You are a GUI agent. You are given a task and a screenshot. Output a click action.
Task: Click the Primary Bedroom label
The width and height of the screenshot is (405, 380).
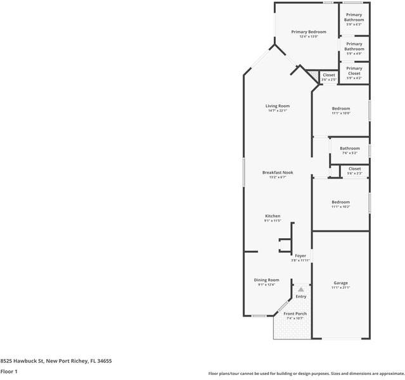[309, 32]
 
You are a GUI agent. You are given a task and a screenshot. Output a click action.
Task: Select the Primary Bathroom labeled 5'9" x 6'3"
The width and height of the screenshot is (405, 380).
[354, 17]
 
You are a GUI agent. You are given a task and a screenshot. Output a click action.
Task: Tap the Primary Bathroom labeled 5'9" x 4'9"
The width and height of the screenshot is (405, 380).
[354, 46]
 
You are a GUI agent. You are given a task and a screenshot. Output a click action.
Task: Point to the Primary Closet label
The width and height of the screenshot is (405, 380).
[354, 70]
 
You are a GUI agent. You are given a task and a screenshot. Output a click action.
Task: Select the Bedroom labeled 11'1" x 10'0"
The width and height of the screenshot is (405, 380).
[340, 109]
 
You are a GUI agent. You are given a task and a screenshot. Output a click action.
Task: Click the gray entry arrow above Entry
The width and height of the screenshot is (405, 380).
[301, 289]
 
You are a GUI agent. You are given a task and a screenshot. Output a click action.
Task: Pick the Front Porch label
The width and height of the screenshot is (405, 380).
[295, 314]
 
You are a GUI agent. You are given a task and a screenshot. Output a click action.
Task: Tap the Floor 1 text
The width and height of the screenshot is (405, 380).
[8, 372]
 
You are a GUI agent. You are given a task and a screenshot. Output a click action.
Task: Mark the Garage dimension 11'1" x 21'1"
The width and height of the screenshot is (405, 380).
[340, 288]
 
